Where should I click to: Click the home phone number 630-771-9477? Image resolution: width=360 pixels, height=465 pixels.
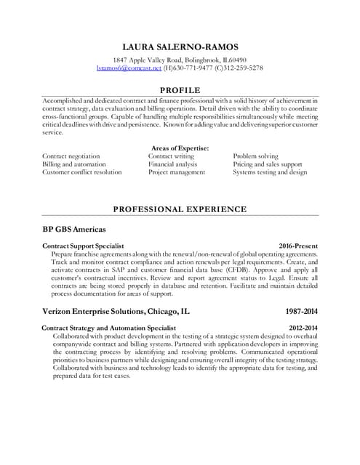[x=196, y=67]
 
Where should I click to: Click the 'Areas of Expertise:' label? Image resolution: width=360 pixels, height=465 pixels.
[x=179, y=147]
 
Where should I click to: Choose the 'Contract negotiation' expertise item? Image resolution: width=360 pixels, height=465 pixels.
[x=71, y=156]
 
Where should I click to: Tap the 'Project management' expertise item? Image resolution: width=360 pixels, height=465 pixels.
[x=177, y=172]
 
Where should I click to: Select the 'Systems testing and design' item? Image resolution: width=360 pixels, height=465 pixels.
[x=270, y=172]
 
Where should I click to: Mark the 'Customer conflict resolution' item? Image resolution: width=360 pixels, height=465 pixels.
[x=81, y=172]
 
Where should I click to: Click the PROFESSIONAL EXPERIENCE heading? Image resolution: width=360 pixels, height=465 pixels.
[x=180, y=209]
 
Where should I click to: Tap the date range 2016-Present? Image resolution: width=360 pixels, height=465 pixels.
[x=298, y=246]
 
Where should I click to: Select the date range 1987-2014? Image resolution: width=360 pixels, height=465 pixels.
[x=301, y=310]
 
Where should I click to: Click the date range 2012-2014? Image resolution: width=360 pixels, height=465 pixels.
[x=301, y=328]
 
